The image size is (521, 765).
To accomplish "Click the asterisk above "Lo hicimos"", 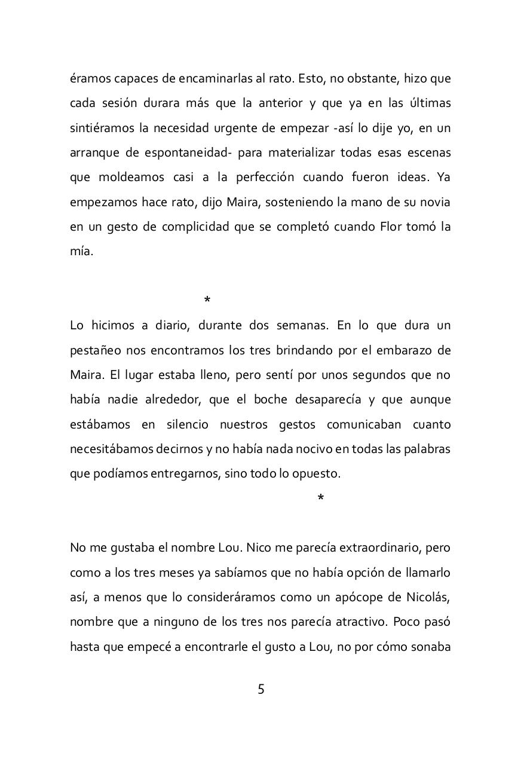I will pyautogui.click(x=207, y=300).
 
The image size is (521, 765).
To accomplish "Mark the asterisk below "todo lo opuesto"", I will pyautogui.click(x=321, y=498).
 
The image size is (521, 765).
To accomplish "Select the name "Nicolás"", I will pyautogui.click(x=428, y=597).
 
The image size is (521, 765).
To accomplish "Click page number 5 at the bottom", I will pyautogui.click(x=260, y=689).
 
